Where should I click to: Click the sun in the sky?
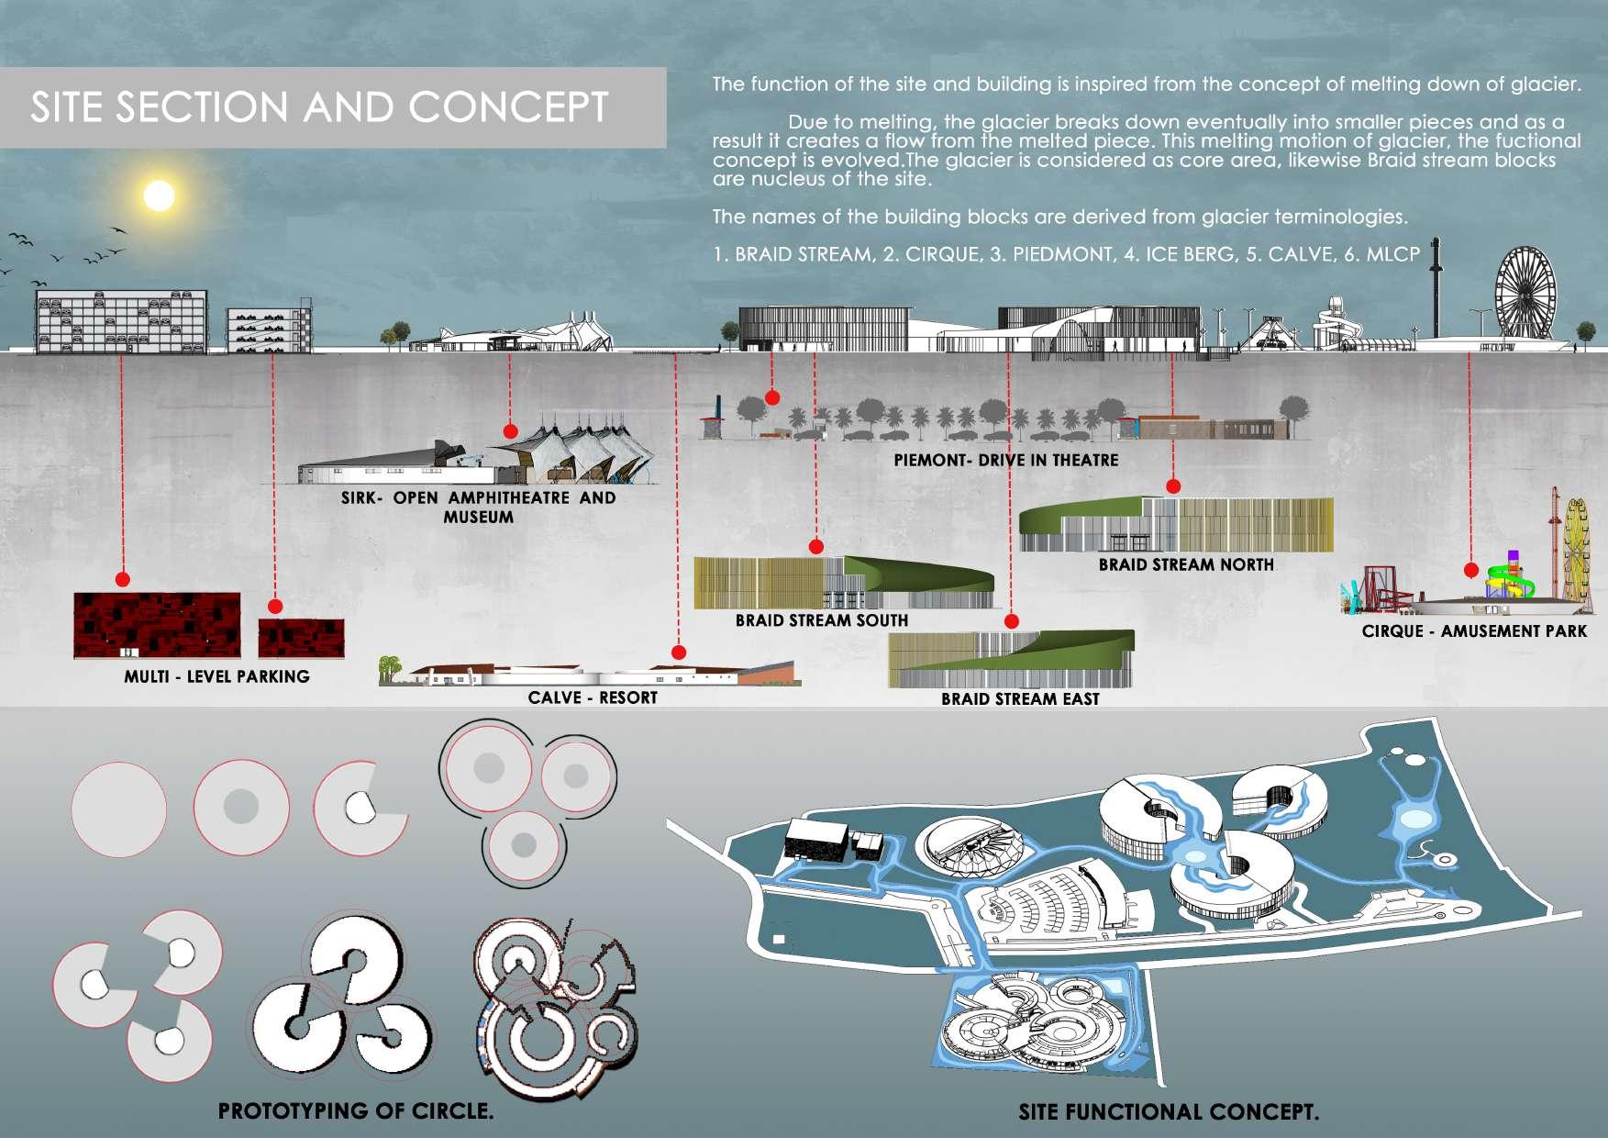click(159, 195)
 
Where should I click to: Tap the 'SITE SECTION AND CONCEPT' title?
click(319, 107)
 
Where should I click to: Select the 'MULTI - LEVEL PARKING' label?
click(216, 676)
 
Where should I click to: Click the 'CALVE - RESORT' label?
click(593, 697)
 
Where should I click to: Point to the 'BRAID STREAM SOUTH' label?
click(821, 620)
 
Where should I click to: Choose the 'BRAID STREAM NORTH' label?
click(1186, 564)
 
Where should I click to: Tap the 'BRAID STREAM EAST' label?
click(1020, 699)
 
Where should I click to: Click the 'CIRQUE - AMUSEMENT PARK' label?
click(1474, 631)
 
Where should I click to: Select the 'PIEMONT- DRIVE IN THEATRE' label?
click(1006, 460)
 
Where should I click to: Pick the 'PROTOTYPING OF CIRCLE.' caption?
click(356, 1110)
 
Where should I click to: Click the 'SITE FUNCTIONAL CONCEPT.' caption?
click(1169, 1112)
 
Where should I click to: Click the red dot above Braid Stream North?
click(1172, 486)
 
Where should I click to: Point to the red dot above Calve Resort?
click(679, 653)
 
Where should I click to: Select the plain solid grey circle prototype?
click(119, 809)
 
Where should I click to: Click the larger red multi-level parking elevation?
click(157, 625)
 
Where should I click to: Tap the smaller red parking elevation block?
click(301, 638)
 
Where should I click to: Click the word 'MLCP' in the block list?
click(1392, 254)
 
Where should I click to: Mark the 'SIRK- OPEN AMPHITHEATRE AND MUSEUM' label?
click(478, 508)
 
